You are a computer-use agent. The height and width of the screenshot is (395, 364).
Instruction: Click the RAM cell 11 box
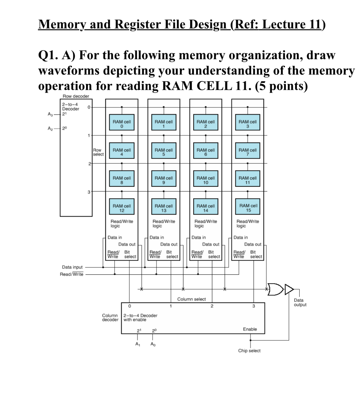[x=247, y=180]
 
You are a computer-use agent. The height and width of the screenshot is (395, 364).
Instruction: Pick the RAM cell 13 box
[x=164, y=208]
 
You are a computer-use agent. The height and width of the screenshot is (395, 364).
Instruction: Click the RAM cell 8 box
[x=122, y=180]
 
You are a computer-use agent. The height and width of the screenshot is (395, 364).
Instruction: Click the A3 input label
[x=50, y=114]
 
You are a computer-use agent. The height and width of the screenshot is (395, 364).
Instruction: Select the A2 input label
[x=50, y=128]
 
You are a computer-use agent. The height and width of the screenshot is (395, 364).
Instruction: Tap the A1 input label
[x=137, y=344]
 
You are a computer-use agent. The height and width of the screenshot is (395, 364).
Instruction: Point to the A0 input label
[x=153, y=344]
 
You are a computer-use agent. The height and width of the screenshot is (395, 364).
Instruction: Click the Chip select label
[x=249, y=351]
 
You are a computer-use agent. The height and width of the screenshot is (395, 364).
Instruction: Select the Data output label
[x=300, y=302]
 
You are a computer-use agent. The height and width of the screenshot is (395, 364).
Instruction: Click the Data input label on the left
[x=72, y=267]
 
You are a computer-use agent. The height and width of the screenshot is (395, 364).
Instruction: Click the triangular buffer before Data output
[x=289, y=289]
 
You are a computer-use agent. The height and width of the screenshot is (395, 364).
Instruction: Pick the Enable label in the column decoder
[x=250, y=329]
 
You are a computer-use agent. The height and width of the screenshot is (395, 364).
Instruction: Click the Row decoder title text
[x=76, y=96]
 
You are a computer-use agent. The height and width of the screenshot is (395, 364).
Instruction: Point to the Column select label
[x=191, y=299]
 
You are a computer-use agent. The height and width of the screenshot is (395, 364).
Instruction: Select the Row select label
[x=98, y=152]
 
